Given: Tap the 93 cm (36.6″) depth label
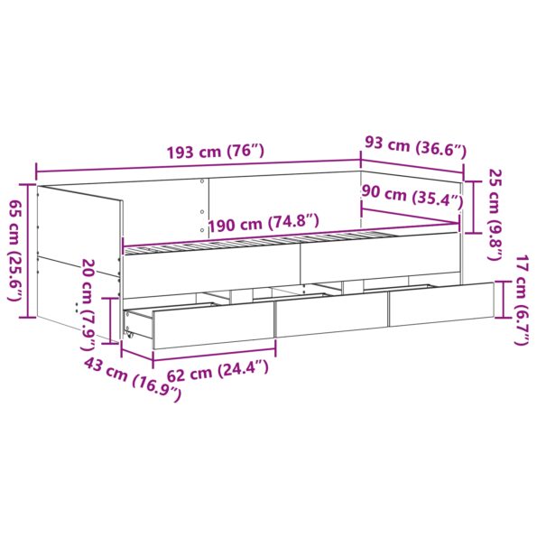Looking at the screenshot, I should (414, 145).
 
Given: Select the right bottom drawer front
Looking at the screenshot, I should (441, 306).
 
